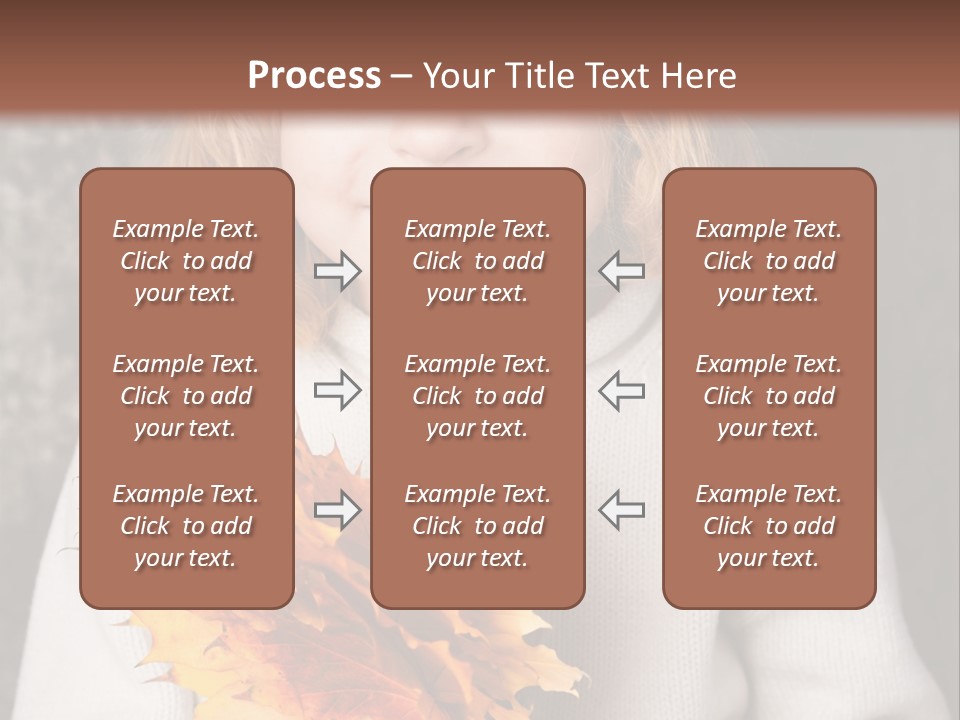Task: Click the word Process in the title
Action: click(x=314, y=76)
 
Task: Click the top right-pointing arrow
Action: click(x=337, y=271)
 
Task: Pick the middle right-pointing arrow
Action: click(x=337, y=390)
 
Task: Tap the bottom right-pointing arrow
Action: click(x=337, y=510)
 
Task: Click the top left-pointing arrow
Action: click(x=622, y=271)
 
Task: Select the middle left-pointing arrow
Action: click(x=622, y=390)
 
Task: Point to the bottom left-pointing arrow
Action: click(x=622, y=510)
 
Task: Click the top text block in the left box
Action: click(x=186, y=261)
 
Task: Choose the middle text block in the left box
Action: click(x=186, y=396)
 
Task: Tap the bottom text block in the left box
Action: click(x=186, y=526)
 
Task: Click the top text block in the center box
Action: click(x=477, y=261)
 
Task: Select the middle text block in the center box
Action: click(x=477, y=396)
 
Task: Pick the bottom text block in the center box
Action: click(x=477, y=526)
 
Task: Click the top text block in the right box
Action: click(x=768, y=261)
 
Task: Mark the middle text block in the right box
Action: click(x=768, y=396)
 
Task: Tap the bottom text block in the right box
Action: click(x=768, y=526)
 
